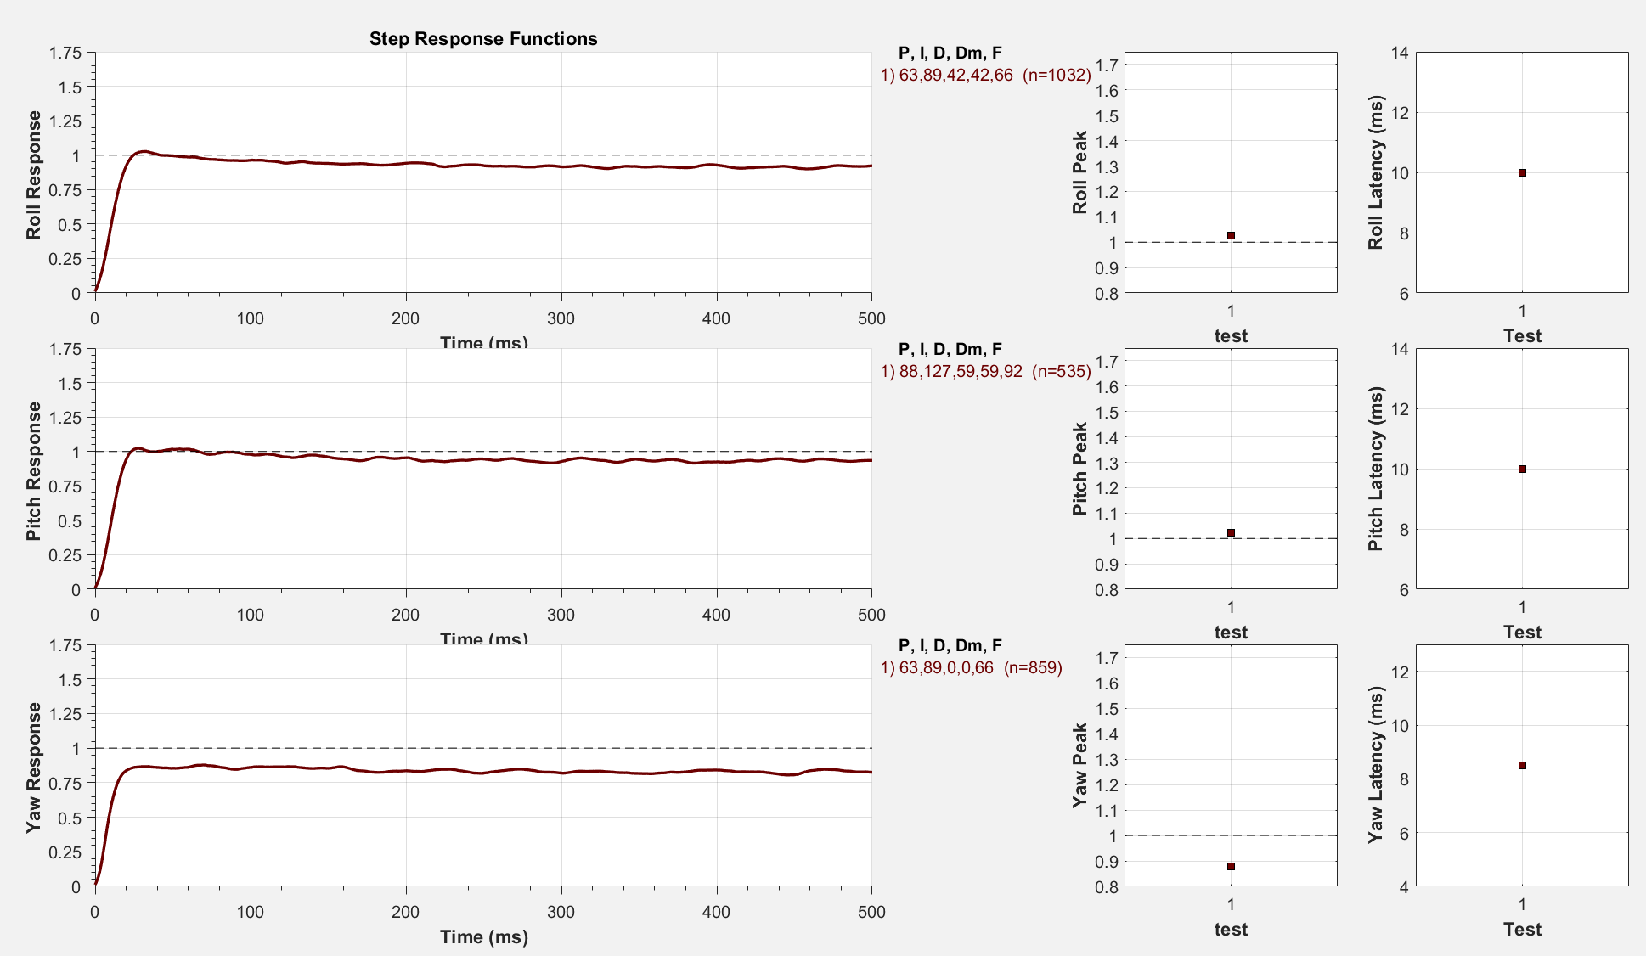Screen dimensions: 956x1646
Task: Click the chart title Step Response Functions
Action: tap(483, 39)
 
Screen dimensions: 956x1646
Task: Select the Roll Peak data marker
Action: tap(1231, 235)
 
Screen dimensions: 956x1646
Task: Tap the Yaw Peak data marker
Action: tap(1231, 866)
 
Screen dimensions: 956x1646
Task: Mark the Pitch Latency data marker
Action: tap(1522, 469)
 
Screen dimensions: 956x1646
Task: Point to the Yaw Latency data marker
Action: tap(1522, 765)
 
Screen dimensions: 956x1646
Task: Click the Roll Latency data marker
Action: tap(1522, 172)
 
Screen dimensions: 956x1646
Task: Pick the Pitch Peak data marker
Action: tap(1231, 532)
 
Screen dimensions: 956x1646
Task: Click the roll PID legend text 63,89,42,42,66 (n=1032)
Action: tap(985, 75)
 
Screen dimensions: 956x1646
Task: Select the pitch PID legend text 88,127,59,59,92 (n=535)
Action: tap(985, 371)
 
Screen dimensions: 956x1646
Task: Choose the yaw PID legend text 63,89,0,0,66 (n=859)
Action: tap(971, 667)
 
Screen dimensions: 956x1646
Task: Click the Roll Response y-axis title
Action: tap(33, 174)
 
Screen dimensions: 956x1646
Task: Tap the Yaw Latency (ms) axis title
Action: tap(1376, 765)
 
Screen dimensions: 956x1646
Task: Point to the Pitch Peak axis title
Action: tap(1079, 469)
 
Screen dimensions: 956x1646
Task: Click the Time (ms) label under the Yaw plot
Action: tap(483, 937)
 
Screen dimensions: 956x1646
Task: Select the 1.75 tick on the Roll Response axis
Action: tap(65, 53)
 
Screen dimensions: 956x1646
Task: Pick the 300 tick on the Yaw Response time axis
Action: tap(561, 912)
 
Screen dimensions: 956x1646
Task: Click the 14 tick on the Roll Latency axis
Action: tap(1400, 53)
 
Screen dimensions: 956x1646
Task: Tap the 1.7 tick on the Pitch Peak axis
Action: tap(1106, 362)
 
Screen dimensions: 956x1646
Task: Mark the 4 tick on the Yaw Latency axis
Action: tap(1403, 887)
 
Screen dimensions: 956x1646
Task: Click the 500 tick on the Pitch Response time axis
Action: tap(871, 615)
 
